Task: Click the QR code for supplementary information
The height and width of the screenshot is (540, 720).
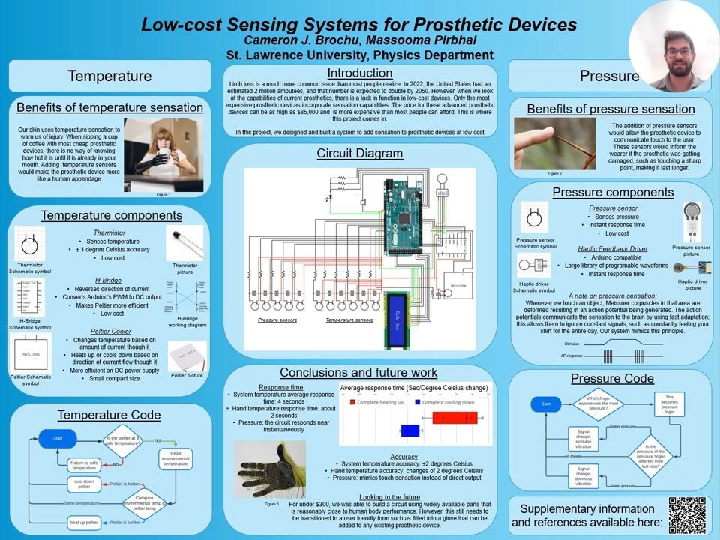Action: click(686, 515)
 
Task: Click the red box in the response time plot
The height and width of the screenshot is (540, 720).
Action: click(454, 418)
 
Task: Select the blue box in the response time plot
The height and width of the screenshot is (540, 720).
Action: click(409, 430)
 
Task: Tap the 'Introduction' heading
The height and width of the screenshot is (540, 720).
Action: click(360, 73)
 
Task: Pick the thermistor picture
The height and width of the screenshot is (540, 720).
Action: click(184, 244)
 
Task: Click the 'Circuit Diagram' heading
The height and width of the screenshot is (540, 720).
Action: click(359, 154)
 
